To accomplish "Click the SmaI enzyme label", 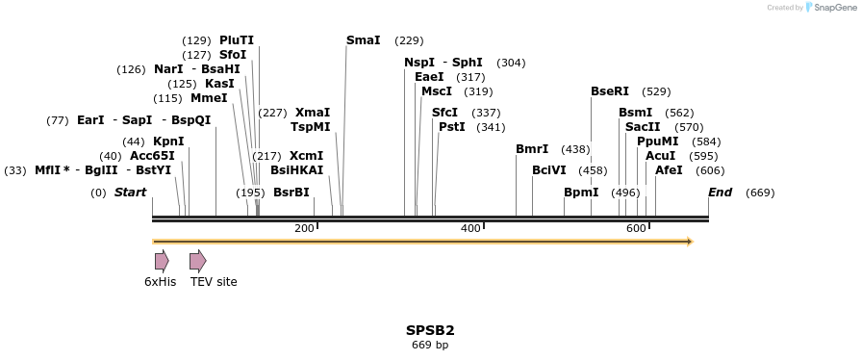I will click(x=363, y=40).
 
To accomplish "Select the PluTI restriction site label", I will click(x=237, y=40).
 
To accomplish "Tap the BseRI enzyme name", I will click(x=610, y=91).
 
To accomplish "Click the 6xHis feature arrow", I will click(x=162, y=261).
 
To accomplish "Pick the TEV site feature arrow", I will click(x=197, y=261).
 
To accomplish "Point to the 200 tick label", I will click(x=304, y=228).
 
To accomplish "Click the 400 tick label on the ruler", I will click(x=470, y=228).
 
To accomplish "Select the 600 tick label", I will click(x=636, y=228).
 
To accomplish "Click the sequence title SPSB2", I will click(x=430, y=330).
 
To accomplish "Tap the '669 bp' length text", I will click(x=430, y=345).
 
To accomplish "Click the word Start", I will click(x=130, y=193).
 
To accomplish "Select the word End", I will click(x=720, y=193).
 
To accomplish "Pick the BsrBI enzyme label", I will click(x=291, y=193).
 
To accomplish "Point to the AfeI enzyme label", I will click(x=669, y=170).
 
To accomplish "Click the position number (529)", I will click(x=656, y=91).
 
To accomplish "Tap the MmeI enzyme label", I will click(x=209, y=98).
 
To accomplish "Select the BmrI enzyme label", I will click(x=532, y=149).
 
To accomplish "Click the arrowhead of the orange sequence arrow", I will click(x=688, y=242).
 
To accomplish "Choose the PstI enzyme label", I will click(x=451, y=127).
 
